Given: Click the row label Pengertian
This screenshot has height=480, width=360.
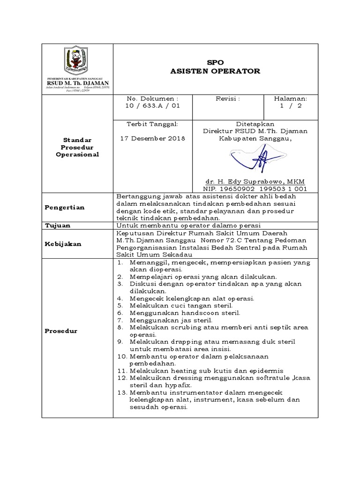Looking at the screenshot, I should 64,208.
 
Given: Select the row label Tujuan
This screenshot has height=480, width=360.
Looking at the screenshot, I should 58,225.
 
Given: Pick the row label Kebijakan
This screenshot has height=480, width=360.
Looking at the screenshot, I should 63,244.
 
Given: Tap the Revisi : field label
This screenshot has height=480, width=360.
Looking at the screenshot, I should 227,99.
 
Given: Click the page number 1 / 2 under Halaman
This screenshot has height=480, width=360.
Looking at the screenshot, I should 291,106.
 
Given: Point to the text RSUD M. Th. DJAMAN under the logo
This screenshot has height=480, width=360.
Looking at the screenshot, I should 77,82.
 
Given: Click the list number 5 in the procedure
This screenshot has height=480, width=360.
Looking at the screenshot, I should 120,305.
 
